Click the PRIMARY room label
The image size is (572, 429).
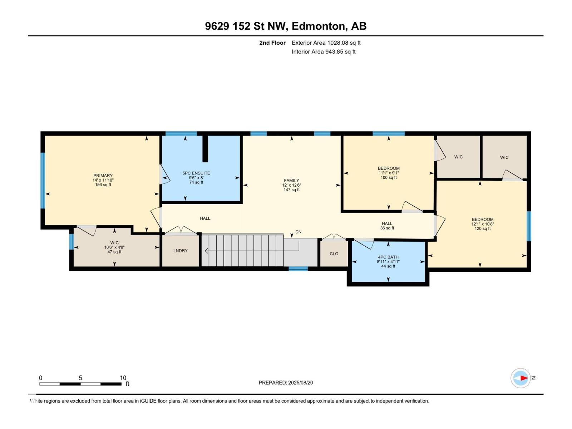pyautogui.click(x=103, y=176)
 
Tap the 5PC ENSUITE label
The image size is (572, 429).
pyautogui.click(x=196, y=173)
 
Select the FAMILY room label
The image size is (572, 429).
pyautogui.click(x=291, y=180)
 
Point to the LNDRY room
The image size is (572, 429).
pyautogui.click(x=180, y=251)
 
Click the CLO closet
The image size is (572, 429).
pyautogui.click(x=334, y=254)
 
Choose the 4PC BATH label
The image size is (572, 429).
pyautogui.click(x=388, y=257)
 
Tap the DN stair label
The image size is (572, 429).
pyautogui.click(x=299, y=232)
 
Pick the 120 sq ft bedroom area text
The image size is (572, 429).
pyautogui.click(x=482, y=228)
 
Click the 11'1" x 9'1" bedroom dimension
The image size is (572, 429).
pyautogui.click(x=389, y=173)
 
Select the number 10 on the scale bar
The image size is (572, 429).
pyautogui.click(x=123, y=378)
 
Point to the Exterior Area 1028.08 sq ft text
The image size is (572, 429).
pyautogui.click(x=326, y=43)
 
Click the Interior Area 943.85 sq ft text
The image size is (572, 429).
pyautogui.click(x=324, y=51)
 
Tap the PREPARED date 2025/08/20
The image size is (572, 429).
pyautogui.click(x=300, y=383)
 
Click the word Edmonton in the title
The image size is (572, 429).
pyautogui.click(x=319, y=26)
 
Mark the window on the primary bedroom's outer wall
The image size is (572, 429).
pyautogui.click(x=43, y=181)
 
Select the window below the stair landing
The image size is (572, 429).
pyautogui.click(x=298, y=268)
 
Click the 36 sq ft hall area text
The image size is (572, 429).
pyautogui.click(x=387, y=228)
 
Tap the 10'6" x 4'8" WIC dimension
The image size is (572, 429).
pyautogui.click(x=114, y=247)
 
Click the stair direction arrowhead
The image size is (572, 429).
pyautogui.click(x=206, y=251)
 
